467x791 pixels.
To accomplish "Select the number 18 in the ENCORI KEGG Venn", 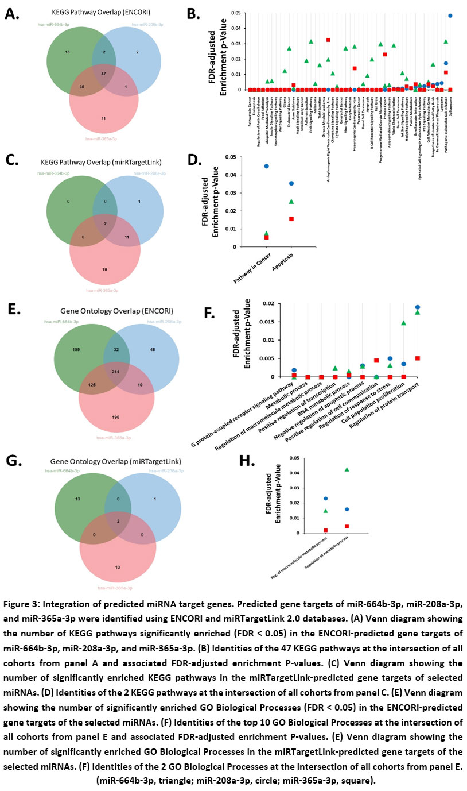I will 67,52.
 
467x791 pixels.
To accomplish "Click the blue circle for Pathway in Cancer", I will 250,166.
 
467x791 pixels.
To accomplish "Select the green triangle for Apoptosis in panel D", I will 291,201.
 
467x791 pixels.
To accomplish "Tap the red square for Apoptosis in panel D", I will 291,219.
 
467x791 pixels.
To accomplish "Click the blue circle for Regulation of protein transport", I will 417,307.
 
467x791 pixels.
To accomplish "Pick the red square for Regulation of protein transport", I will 417,358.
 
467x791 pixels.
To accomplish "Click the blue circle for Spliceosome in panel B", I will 450,16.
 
